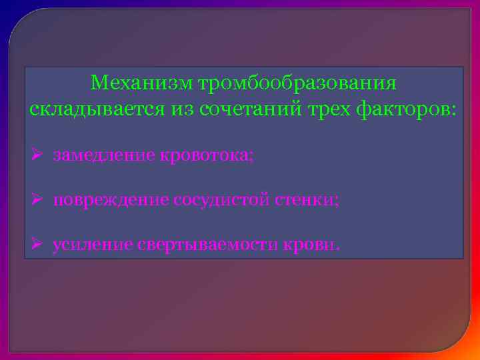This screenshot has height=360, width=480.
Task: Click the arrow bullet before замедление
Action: (x=37, y=156)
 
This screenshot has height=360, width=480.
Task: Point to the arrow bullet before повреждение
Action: (x=37, y=200)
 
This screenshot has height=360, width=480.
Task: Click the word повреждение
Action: (x=111, y=200)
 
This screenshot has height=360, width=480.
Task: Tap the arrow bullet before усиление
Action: (x=37, y=245)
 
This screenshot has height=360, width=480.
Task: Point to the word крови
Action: (x=311, y=245)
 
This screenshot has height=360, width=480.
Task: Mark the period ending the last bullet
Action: (x=338, y=249)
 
